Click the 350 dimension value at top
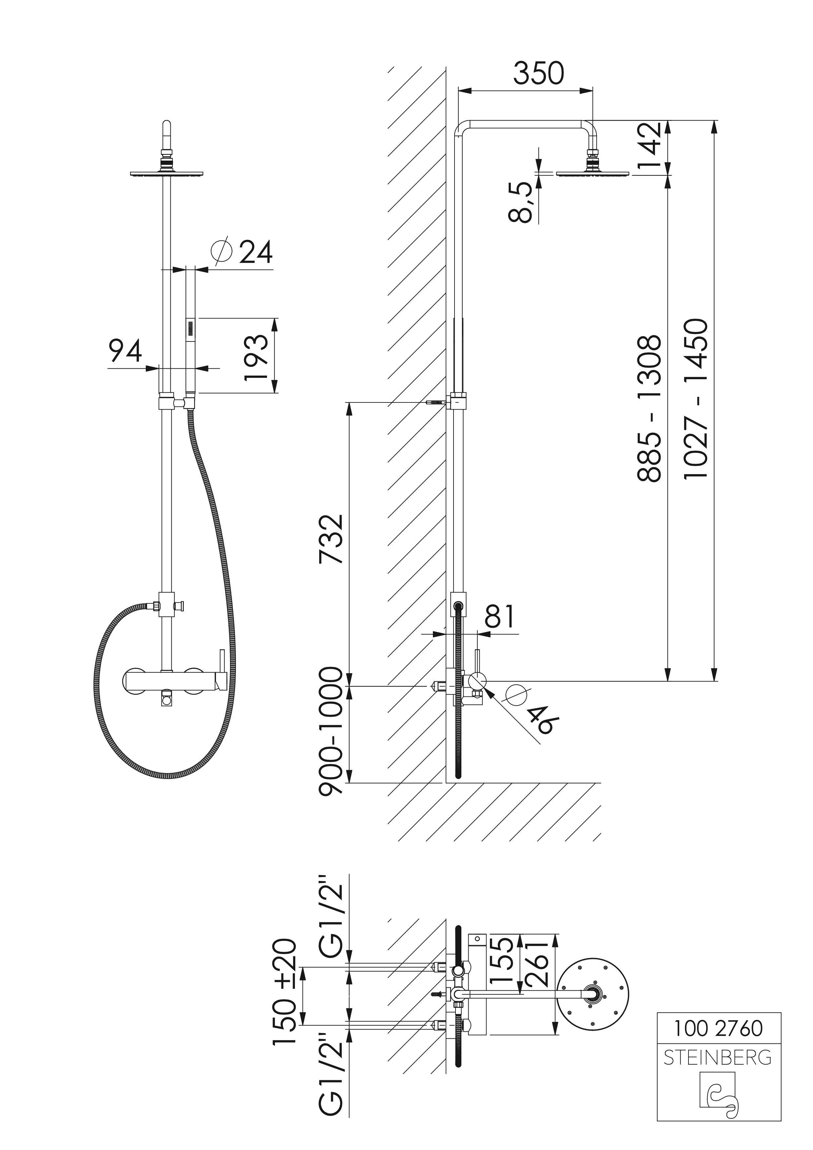[x=538, y=74]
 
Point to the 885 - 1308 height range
[x=650, y=408]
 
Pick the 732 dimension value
[x=332, y=539]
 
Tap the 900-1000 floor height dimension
[x=332, y=731]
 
